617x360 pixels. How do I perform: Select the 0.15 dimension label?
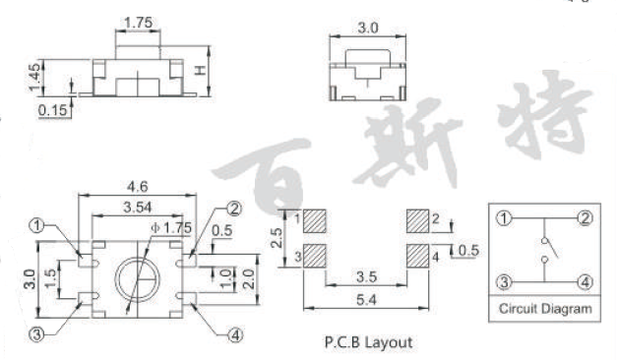tap(52, 110)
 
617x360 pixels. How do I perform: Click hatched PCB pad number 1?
tap(316, 219)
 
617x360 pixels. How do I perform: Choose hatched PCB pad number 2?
tap(416, 219)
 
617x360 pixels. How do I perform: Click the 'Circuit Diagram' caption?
tap(545, 309)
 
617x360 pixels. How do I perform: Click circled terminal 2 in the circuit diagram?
tap(585, 218)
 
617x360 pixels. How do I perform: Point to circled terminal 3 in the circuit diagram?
tap(506, 282)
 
